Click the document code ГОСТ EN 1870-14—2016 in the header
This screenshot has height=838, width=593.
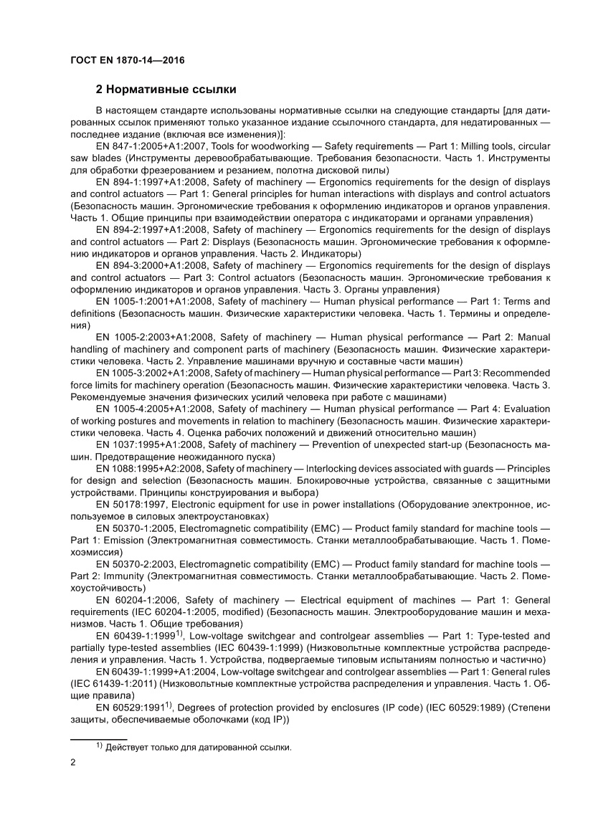point(127,61)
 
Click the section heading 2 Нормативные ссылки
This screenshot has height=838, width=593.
point(166,90)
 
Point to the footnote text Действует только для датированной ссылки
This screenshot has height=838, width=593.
point(198,747)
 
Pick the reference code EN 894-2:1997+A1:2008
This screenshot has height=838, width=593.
point(150,230)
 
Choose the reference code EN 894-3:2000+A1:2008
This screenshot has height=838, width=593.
point(150,265)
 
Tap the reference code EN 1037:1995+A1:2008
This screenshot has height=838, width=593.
point(147,444)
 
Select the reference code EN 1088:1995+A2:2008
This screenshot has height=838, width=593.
point(147,469)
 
